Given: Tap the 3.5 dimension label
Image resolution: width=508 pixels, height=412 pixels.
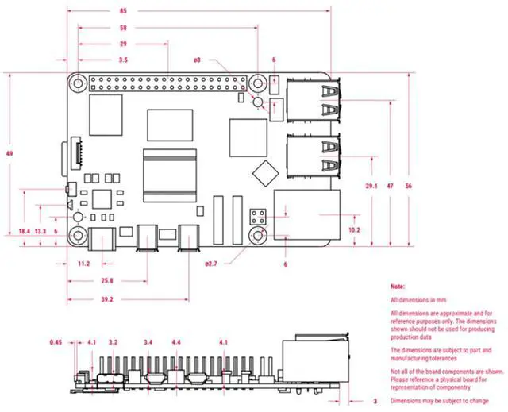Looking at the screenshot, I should click(x=123, y=60).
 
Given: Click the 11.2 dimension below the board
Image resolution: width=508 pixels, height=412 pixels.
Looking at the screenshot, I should click(x=83, y=263).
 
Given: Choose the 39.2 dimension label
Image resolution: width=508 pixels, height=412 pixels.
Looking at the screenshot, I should click(x=105, y=299).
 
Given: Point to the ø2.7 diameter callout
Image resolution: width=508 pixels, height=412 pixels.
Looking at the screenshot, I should click(x=211, y=263).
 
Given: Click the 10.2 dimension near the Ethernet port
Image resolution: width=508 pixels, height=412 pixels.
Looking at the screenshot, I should click(x=354, y=230).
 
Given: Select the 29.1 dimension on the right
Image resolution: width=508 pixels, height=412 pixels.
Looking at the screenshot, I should click(x=371, y=185).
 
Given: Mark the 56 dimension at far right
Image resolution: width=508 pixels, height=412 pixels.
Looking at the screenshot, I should click(x=408, y=185).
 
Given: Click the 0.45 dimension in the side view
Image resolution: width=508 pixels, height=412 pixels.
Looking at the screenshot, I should click(x=56, y=342).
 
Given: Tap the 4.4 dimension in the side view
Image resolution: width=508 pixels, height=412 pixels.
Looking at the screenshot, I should click(x=175, y=342).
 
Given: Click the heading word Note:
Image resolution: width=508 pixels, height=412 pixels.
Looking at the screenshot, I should click(x=398, y=285).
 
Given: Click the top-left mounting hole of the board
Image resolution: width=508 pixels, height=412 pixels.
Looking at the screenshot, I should click(x=77, y=82).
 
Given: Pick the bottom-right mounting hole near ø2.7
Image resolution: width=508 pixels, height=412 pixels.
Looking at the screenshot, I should click(x=259, y=237).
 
